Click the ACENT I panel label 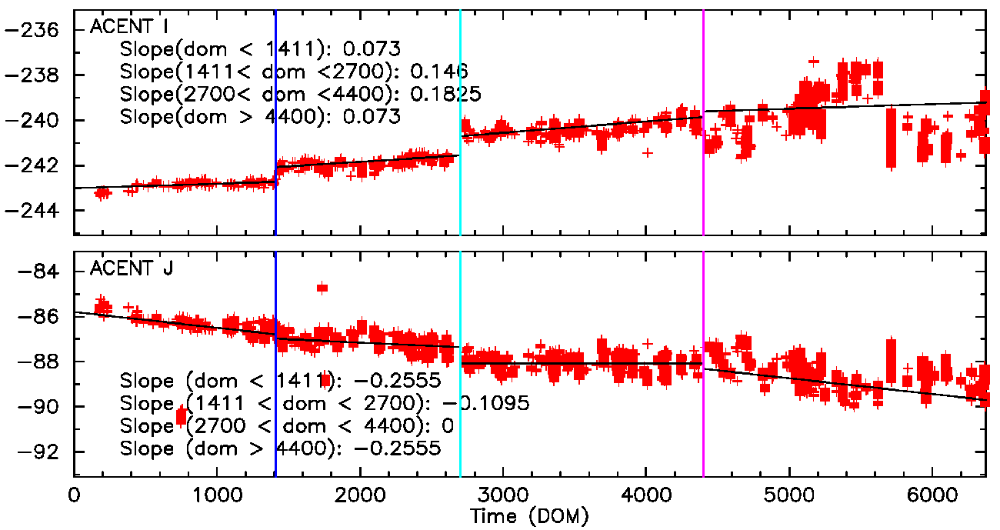pos(129,26)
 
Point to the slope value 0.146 pos(439,72)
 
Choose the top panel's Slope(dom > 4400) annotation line pos(261,117)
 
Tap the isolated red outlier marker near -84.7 pos(322,288)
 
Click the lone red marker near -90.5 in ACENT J pos(182,417)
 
